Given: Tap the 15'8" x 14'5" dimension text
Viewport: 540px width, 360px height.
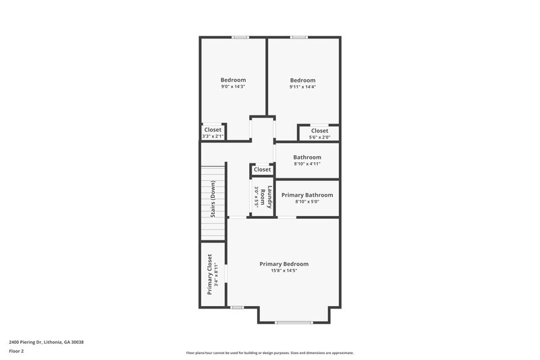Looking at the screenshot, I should click(285, 271).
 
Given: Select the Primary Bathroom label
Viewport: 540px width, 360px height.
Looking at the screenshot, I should click(306, 195).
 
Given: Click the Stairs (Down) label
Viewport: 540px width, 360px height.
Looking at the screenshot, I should click(213, 200).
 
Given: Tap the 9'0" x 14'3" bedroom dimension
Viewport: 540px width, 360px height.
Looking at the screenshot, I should click(233, 86).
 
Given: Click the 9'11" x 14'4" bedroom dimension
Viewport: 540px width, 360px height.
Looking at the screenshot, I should click(303, 86).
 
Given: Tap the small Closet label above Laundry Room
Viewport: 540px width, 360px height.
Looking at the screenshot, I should click(262, 170).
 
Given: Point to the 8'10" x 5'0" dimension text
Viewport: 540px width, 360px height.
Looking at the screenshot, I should click(306, 202).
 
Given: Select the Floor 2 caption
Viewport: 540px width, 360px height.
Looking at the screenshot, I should click(17, 351).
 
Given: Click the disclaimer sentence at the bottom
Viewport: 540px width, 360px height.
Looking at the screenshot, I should click(270, 353).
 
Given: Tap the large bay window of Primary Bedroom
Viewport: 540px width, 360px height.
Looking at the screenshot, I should click(294, 322).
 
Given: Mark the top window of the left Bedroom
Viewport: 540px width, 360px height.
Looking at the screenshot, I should click(240, 37).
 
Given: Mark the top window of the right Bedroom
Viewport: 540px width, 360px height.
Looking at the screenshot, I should click(299, 37).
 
